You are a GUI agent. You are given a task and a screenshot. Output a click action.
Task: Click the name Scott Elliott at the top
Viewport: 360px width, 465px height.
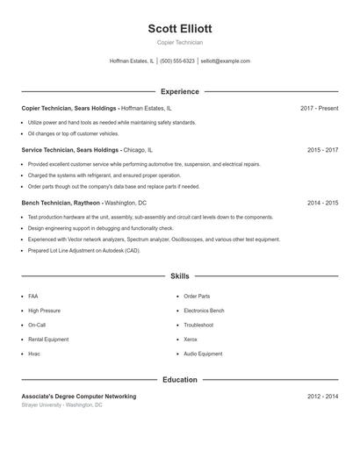(180, 28)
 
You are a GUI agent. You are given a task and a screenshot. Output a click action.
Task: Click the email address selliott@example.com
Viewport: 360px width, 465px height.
(226, 61)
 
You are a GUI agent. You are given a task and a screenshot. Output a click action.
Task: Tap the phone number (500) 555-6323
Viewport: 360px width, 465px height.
(177, 61)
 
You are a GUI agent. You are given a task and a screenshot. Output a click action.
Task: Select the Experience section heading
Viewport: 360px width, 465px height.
(180, 91)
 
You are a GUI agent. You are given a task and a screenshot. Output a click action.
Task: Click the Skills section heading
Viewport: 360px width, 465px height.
(180, 275)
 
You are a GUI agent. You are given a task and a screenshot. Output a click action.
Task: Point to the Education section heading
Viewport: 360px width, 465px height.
(180, 380)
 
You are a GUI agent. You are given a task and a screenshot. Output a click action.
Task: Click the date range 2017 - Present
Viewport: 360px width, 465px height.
(319, 108)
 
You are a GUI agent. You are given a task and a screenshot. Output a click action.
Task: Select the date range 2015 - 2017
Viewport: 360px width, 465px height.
(322, 150)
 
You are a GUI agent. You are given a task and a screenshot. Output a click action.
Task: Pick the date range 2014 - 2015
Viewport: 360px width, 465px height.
(322, 203)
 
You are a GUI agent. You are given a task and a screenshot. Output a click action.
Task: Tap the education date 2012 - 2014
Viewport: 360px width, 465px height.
(322, 397)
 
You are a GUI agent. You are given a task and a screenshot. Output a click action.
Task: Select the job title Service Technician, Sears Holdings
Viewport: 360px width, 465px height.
(70, 150)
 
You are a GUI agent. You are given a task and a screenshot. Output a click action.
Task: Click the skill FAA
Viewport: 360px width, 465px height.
(33, 297)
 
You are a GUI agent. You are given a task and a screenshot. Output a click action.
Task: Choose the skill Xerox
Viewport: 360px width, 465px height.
(191, 340)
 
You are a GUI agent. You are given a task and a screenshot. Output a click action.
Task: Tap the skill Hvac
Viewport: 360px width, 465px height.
(34, 354)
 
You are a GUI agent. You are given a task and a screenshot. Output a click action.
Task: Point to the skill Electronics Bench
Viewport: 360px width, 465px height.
(204, 311)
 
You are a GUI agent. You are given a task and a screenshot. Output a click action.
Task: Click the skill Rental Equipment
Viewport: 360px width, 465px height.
(48, 340)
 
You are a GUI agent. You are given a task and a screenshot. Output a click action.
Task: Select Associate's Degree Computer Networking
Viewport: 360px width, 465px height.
(79, 397)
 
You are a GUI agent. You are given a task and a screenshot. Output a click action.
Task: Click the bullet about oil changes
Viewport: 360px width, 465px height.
(73, 134)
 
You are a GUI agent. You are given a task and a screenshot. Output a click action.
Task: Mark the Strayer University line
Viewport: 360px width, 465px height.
(61, 405)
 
